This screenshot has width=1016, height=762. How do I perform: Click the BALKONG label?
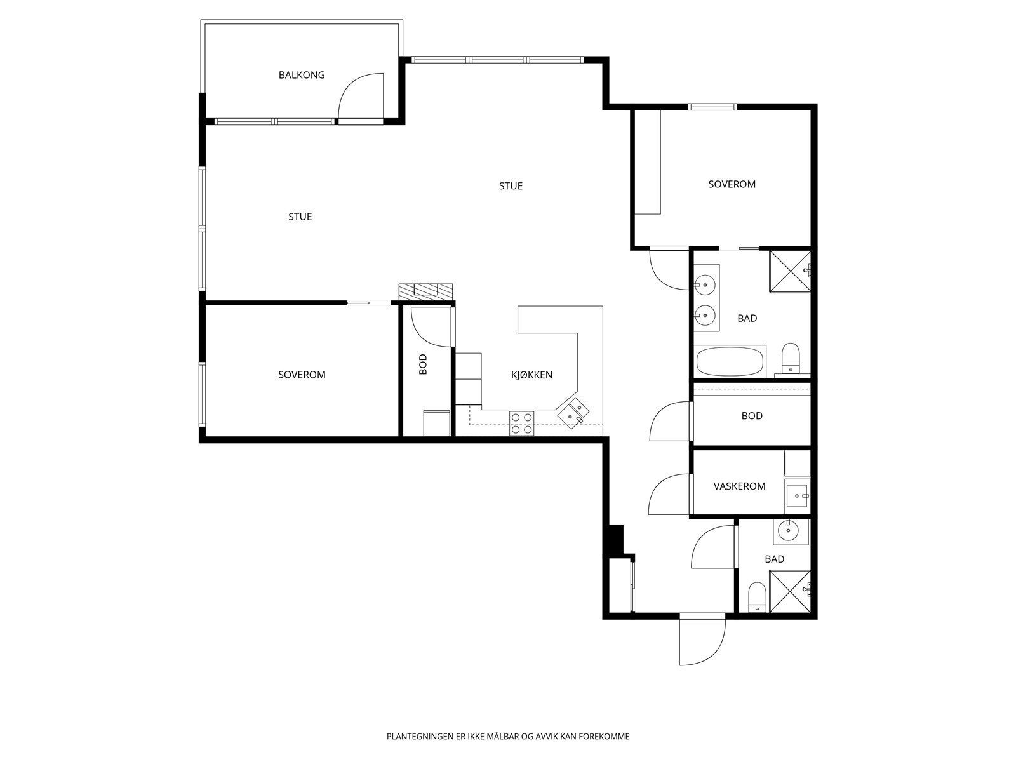tap(302, 75)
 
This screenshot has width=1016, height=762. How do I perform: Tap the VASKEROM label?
tap(739, 486)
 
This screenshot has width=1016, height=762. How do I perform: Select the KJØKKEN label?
tap(531, 375)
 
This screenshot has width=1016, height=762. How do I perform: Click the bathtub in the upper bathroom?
tap(730, 361)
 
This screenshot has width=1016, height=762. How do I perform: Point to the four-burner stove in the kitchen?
tap(522, 424)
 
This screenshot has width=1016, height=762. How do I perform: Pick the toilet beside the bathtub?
tap(791, 358)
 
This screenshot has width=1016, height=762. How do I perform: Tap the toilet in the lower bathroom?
tap(758, 597)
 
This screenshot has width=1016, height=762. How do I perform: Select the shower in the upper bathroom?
tap(790, 272)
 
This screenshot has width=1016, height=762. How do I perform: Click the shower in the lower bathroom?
tap(790, 591)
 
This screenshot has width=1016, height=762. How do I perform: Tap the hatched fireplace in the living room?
tap(426, 292)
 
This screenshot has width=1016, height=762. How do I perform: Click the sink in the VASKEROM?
tap(797, 495)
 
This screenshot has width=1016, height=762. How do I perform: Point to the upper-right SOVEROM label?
tap(732, 184)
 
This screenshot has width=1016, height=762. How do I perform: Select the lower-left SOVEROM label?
tap(302, 375)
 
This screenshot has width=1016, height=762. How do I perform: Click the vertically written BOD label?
tap(423, 364)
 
